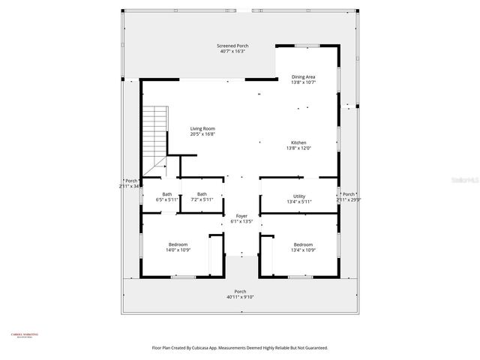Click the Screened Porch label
point(233,46)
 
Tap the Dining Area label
point(303,76)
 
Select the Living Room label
point(202,129)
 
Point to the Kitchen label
point(298,143)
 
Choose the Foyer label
point(241,216)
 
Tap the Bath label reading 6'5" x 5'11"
point(166,195)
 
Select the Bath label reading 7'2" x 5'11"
point(202,195)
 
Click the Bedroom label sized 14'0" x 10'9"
point(178,244)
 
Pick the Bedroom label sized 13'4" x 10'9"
point(303,244)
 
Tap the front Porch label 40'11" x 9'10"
point(240,292)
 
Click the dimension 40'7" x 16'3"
point(233,52)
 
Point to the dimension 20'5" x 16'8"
point(202,134)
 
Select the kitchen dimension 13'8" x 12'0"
point(298,148)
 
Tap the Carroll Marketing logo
point(25,335)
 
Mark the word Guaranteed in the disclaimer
point(314,348)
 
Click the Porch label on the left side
point(131,181)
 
